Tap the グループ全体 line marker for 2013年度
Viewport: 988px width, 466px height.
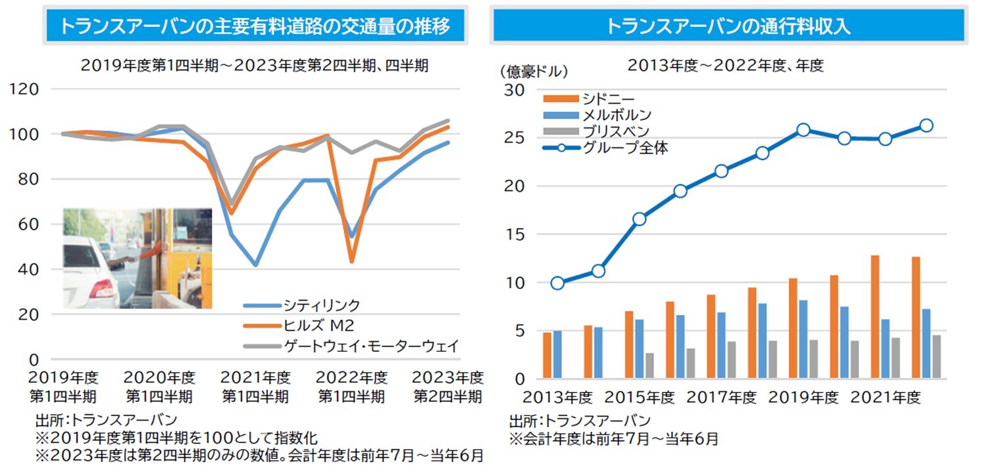click(557, 284)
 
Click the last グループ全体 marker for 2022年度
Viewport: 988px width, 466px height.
click(926, 125)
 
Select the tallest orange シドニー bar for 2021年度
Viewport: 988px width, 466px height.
click(875, 316)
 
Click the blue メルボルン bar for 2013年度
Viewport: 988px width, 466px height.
click(557, 354)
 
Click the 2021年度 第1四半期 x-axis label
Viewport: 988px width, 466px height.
click(255, 387)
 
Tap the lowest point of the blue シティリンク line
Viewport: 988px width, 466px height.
click(255, 265)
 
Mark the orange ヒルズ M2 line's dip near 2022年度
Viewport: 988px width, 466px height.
click(352, 261)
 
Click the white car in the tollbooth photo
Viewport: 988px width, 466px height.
click(92, 276)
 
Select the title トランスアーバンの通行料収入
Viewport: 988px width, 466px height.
click(727, 26)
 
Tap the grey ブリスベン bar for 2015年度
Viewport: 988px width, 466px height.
click(650, 366)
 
